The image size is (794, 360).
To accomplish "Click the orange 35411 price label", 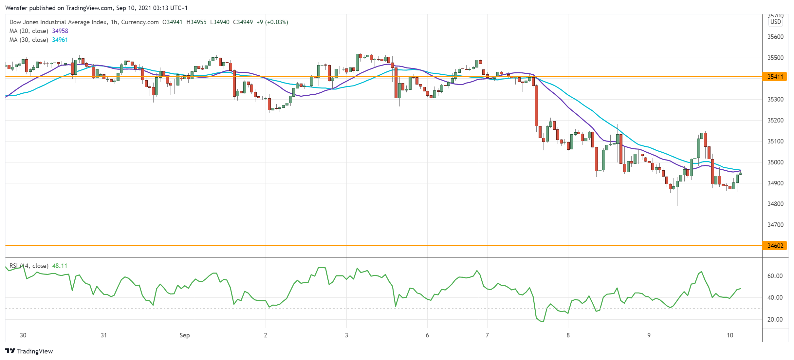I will [x=775, y=77].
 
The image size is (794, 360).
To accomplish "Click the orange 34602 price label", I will [x=775, y=246].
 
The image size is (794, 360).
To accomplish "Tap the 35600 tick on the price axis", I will [x=775, y=37].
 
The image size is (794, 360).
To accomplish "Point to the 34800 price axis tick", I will [x=775, y=204].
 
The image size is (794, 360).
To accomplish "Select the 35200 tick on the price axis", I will [x=775, y=120].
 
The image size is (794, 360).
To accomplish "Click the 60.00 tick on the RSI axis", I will [x=775, y=276].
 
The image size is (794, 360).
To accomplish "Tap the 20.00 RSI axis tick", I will [x=775, y=319].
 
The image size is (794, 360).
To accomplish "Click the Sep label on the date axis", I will [x=185, y=335].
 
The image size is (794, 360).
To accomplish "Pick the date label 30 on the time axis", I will [x=23, y=335].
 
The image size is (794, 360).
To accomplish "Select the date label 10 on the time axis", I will [x=730, y=335].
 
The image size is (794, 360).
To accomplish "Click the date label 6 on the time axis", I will [x=427, y=335].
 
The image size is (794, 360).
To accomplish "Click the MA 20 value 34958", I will [x=60, y=31].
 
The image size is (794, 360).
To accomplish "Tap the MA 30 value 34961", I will [x=60, y=40].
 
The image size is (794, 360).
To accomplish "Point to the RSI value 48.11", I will [x=60, y=266].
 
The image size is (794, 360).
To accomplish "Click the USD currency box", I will [x=775, y=22].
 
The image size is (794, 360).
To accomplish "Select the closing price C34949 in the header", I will [x=243, y=22].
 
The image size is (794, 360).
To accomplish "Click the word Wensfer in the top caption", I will [x=16, y=8].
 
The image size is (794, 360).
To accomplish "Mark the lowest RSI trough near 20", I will [x=543, y=322].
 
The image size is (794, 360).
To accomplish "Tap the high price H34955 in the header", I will [x=196, y=22].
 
